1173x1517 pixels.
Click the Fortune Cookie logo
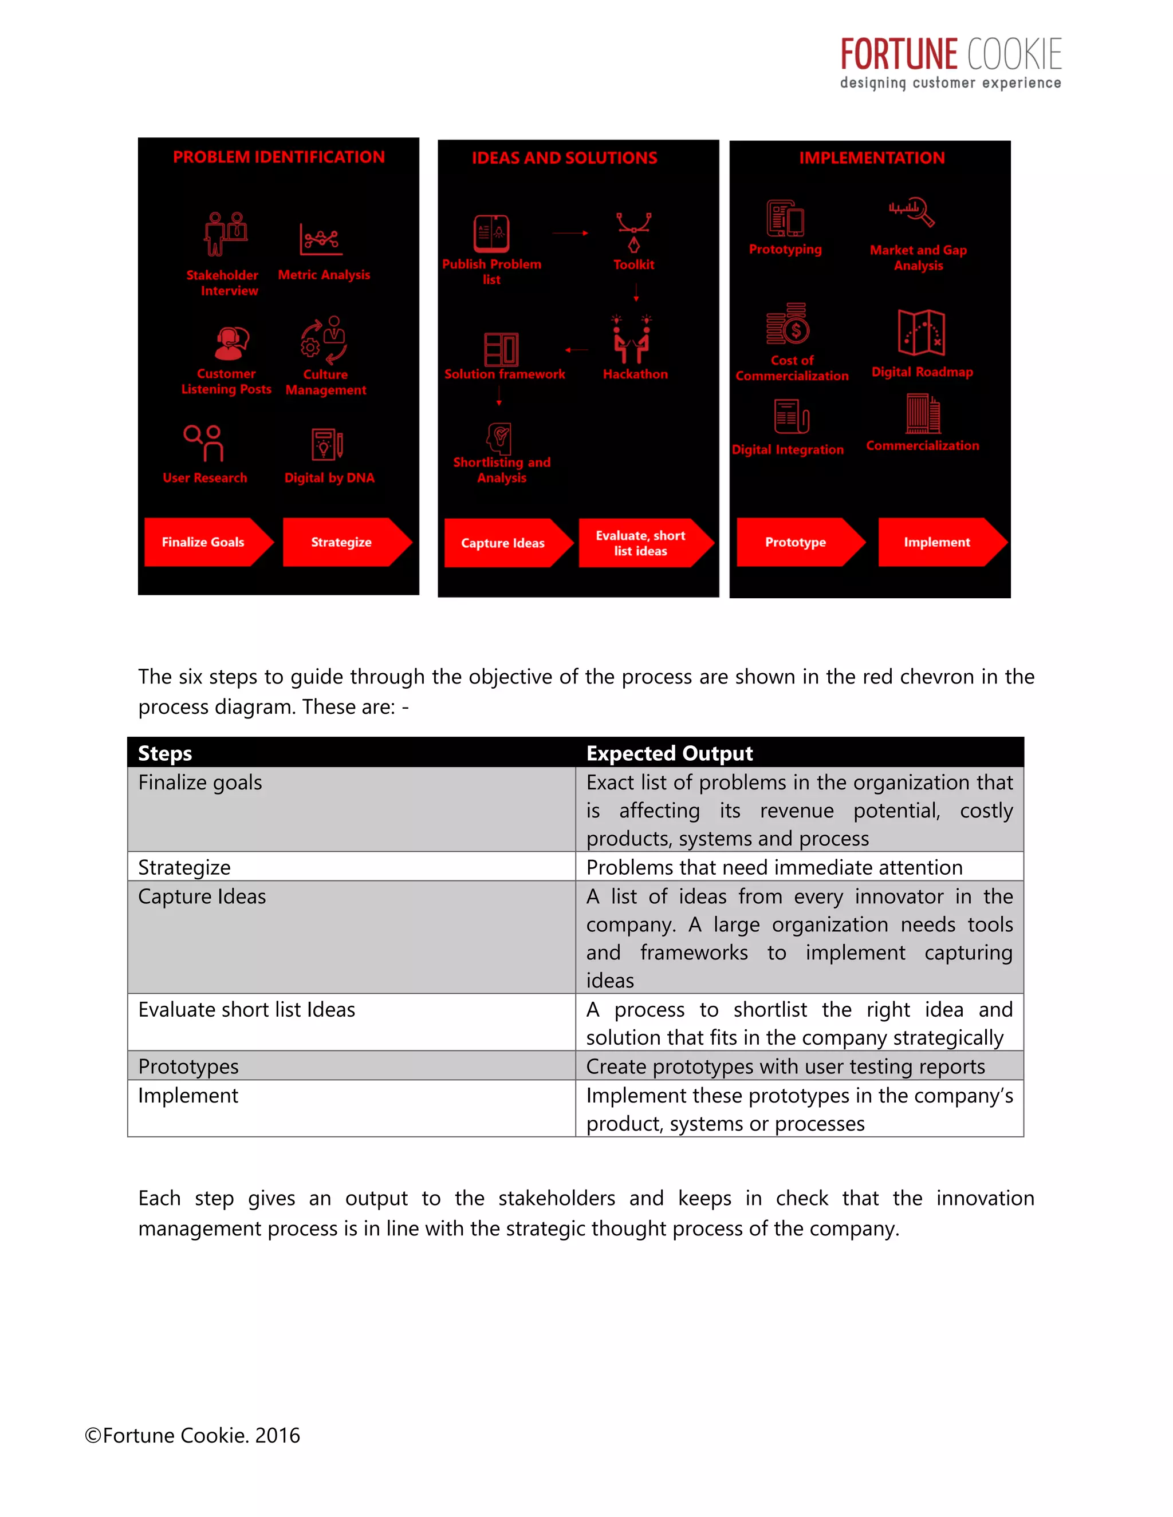click(x=950, y=63)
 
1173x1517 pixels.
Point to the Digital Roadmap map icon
click(x=921, y=333)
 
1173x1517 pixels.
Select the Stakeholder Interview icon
click(x=225, y=234)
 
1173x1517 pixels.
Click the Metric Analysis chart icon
click(x=320, y=240)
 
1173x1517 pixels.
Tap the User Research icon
click(x=203, y=443)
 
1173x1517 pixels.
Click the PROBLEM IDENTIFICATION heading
click(x=279, y=157)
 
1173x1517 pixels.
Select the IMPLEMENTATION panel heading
click(x=871, y=157)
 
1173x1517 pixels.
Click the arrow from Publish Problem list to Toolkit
click(x=570, y=234)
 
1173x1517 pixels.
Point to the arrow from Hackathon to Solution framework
click(x=577, y=350)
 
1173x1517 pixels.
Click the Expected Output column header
click(x=669, y=753)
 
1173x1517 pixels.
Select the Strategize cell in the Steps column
click(x=184, y=867)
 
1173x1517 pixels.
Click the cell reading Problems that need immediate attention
click(x=774, y=867)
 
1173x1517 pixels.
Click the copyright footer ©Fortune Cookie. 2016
click(x=192, y=1435)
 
